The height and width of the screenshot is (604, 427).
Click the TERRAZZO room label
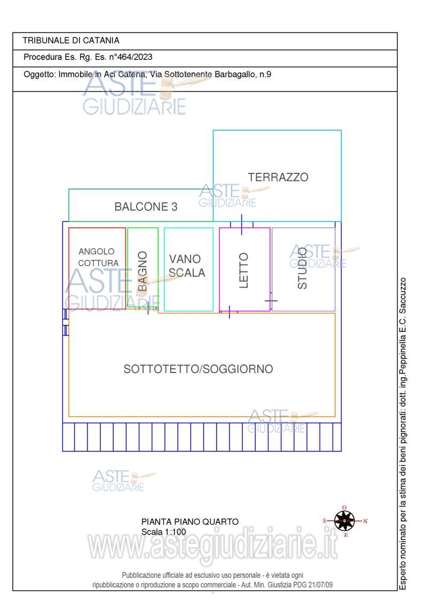pyautogui.click(x=278, y=177)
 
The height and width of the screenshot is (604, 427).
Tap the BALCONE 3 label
pyautogui.click(x=146, y=207)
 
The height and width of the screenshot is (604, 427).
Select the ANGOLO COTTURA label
pyautogui.click(x=98, y=257)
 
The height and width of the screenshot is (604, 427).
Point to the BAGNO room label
pyautogui.click(x=143, y=271)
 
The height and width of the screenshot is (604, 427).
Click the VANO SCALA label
pyautogui.click(x=187, y=266)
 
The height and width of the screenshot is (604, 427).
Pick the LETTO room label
pyautogui.click(x=243, y=271)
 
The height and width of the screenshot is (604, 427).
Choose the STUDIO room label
pyautogui.click(x=303, y=268)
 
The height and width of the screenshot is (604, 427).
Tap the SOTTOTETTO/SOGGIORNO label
pyautogui.click(x=198, y=369)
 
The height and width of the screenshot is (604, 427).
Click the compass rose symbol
pyautogui.click(x=344, y=521)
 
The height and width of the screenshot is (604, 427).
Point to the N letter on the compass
pyautogui.click(x=365, y=521)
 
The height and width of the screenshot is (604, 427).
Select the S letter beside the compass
pyautogui.click(x=325, y=521)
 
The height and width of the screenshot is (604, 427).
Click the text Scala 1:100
pyautogui.click(x=163, y=532)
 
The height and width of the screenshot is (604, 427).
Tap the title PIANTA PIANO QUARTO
pyautogui.click(x=190, y=522)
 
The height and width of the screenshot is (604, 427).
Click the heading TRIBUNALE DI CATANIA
pyautogui.click(x=71, y=41)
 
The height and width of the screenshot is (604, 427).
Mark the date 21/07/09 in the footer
pyautogui.click(x=320, y=585)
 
